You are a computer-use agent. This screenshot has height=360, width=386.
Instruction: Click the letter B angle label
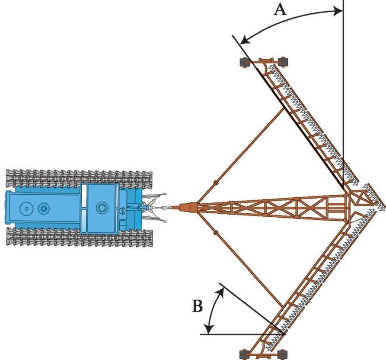click(197, 306)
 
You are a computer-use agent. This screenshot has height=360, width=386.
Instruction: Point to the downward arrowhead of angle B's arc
click(210, 330)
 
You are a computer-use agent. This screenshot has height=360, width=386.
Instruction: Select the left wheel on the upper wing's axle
click(243, 62)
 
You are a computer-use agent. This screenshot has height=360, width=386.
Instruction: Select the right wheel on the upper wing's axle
click(283, 61)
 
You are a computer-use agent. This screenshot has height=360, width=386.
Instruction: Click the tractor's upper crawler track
click(78, 178)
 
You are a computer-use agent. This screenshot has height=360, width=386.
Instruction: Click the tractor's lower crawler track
click(78, 237)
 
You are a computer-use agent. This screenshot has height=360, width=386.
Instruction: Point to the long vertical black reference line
click(343, 87)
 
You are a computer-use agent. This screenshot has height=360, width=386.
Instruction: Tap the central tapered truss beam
click(268, 208)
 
